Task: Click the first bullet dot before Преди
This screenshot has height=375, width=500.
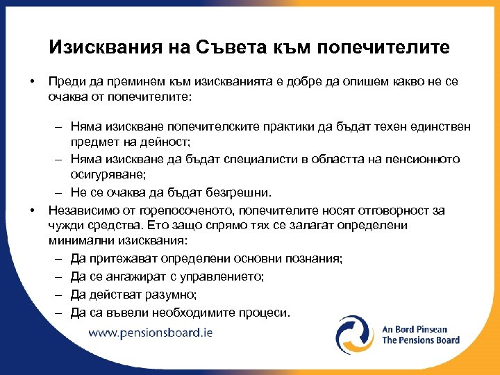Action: (33, 82)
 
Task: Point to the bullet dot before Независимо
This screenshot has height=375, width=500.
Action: (33, 209)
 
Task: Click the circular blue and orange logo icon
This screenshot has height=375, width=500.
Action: (355, 335)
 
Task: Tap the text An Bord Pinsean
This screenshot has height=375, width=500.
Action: (415, 329)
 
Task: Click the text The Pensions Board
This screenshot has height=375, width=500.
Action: (421, 340)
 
